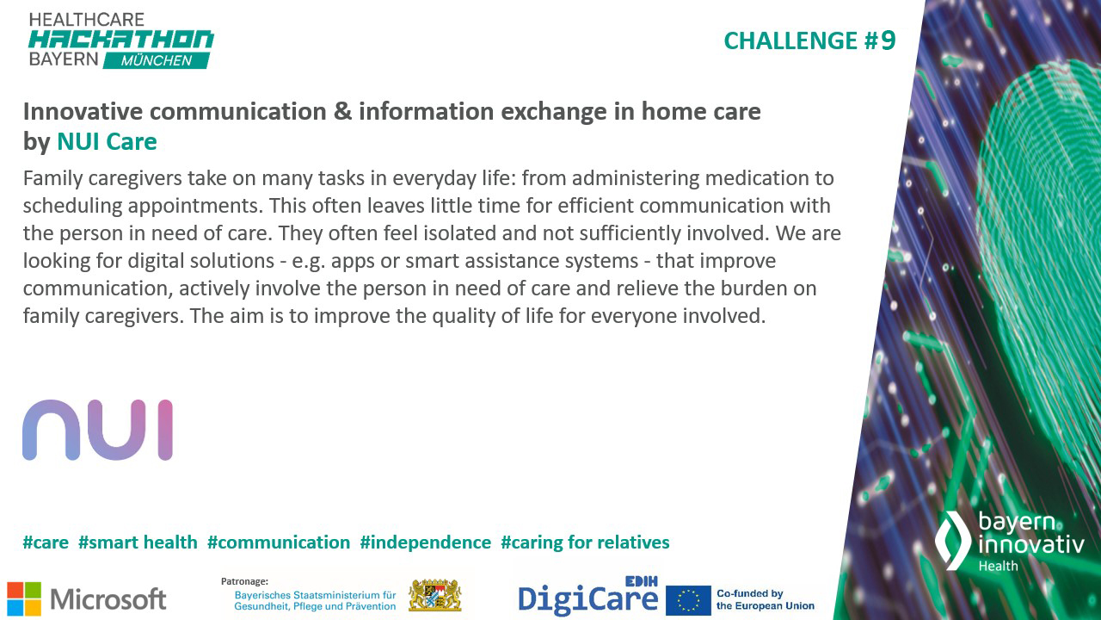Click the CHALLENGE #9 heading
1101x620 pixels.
tap(809, 40)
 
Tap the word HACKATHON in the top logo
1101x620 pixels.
tap(121, 40)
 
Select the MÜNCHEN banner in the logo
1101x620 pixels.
tap(157, 60)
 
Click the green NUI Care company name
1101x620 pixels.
tap(107, 141)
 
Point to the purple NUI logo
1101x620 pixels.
tap(97, 430)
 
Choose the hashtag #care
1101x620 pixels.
tap(46, 542)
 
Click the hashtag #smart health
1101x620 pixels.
tap(138, 542)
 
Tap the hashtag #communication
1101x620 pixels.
tap(279, 542)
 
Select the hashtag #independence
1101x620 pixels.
tap(425, 542)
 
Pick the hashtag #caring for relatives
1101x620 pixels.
tap(585, 542)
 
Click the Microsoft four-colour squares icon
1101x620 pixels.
tap(24, 598)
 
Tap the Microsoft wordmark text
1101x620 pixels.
tap(108, 598)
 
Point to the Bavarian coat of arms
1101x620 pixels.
tap(434, 595)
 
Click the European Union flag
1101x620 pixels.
tap(688, 600)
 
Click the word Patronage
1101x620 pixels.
tap(244, 581)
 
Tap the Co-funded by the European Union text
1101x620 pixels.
tap(765, 599)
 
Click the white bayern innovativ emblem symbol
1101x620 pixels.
tap(952, 540)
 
